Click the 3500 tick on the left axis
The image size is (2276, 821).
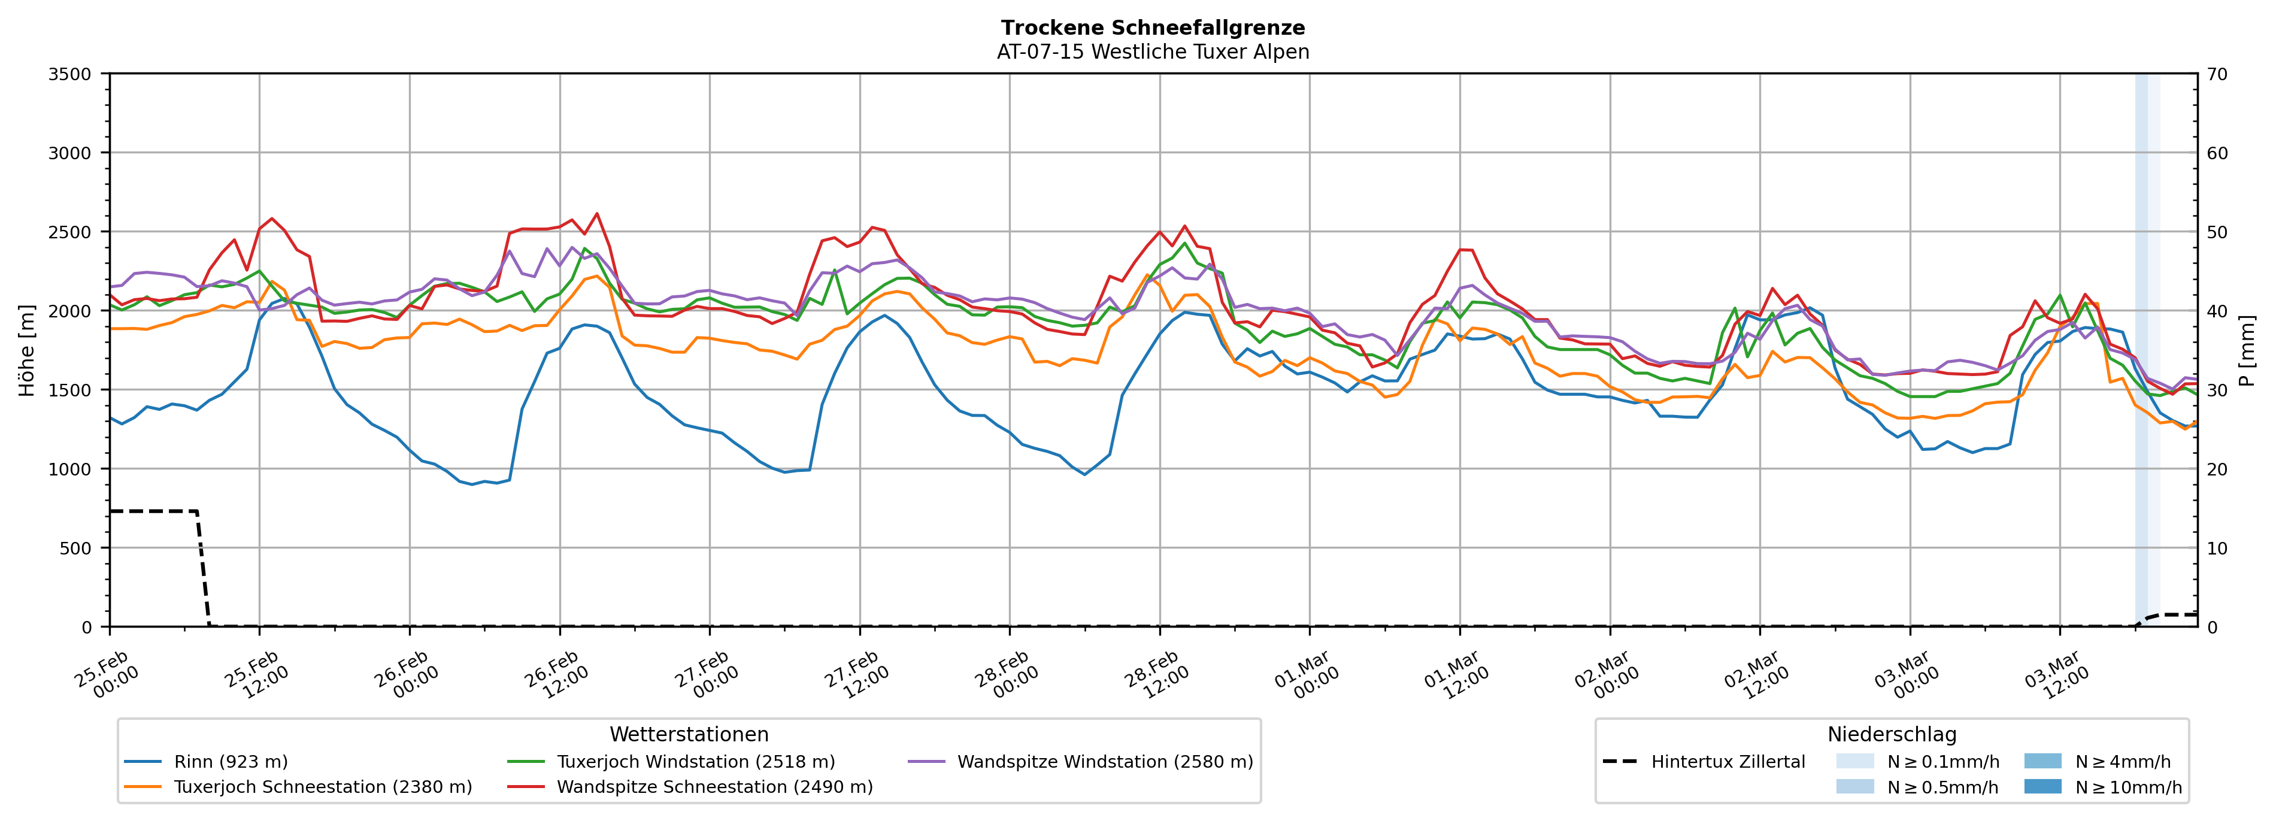click(70, 74)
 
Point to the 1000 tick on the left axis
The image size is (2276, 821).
click(70, 469)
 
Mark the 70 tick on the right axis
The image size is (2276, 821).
click(2217, 74)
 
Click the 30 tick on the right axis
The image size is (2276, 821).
click(2217, 390)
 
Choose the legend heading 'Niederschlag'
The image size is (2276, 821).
click(1892, 734)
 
